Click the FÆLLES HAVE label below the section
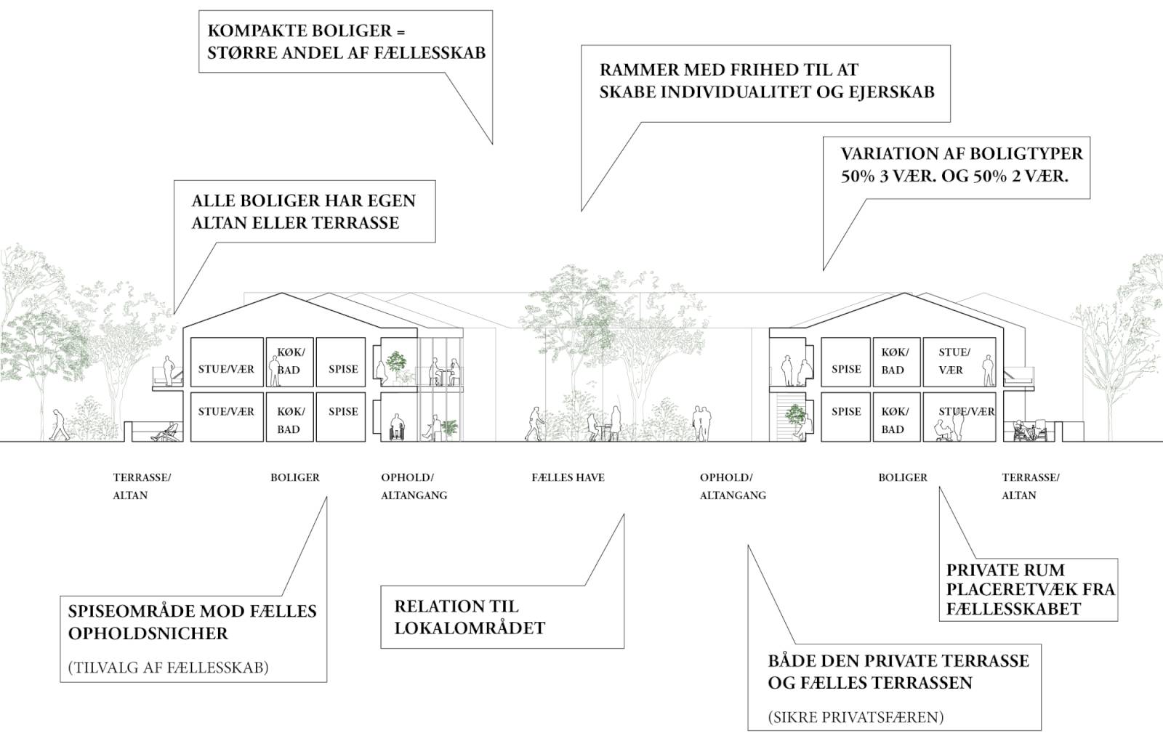(568, 477)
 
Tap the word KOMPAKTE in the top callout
(251, 31)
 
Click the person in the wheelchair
(397, 427)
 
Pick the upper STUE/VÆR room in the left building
(227, 363)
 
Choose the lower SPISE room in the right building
(846, 417)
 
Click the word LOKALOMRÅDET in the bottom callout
(470, 628)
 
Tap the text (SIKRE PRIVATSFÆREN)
(856, 717)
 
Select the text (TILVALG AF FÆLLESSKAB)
(168, 667)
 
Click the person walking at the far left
(59, 425)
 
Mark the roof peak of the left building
(282, 293)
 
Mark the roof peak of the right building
(904, 293)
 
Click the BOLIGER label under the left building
(295, 477)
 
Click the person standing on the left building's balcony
(168, 370)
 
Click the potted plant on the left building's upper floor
(397, 367)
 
